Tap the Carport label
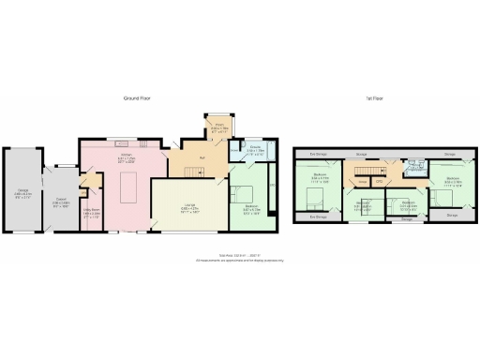(59, 201)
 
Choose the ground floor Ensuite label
(254, 147)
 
